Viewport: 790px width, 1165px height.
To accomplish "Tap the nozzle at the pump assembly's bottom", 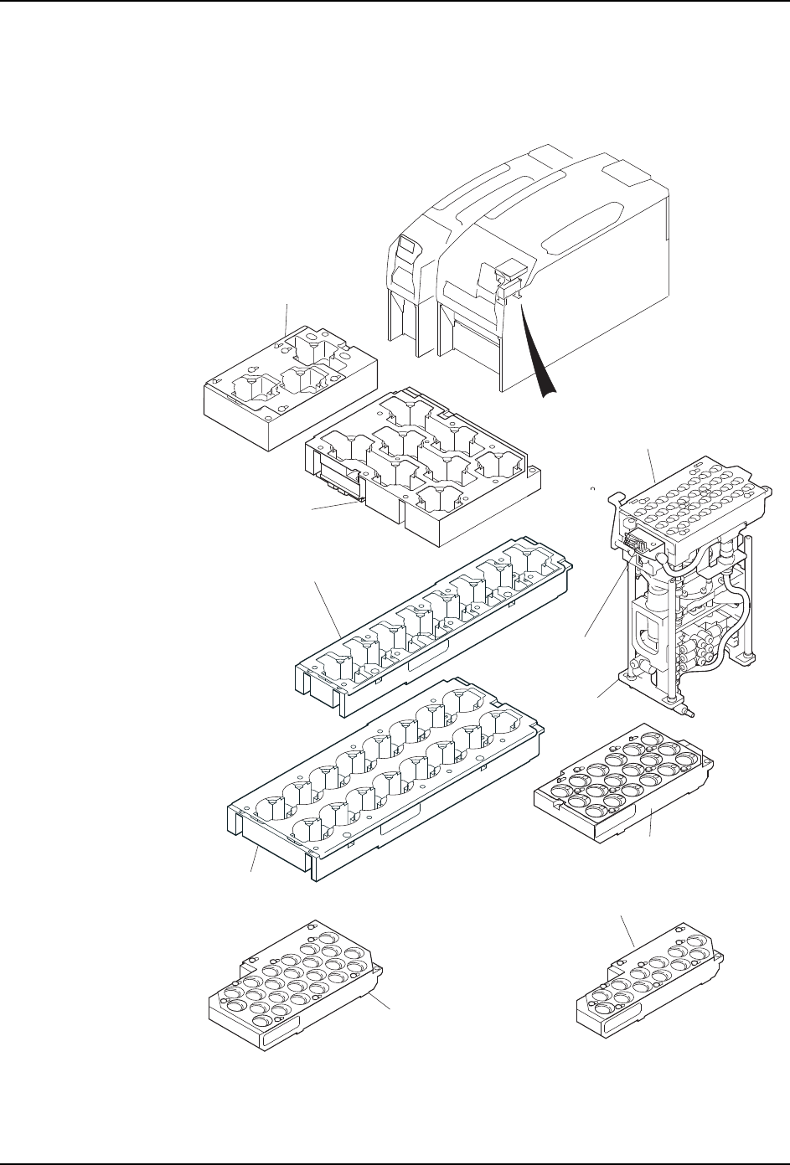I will click(689, 711).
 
